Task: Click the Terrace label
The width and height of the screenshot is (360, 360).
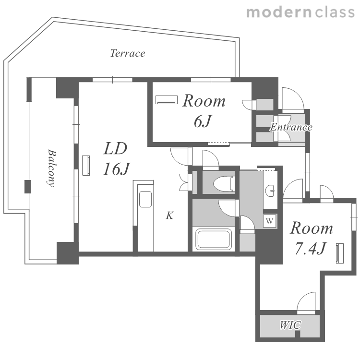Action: tap(128, 53)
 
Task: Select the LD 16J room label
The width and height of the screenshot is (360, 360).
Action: tap(117, 158)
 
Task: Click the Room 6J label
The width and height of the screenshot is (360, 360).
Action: tap(204, 111)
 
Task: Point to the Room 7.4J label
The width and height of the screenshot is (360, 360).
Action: tap(312, 238)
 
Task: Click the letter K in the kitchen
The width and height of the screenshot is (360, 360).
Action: tap(169, 216)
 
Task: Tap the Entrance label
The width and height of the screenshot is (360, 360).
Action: tap(291, 127)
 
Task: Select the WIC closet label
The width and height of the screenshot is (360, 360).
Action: tap(290, 325)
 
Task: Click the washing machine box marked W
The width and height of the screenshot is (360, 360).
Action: tap(270, 221)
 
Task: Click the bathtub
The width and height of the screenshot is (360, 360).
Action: tap(213, 239)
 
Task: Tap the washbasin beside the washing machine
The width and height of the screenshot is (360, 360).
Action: tap(271, 190)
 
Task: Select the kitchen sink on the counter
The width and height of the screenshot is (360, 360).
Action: tap(145, 199)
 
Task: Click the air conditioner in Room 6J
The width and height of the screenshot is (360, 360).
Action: tap(167, 100)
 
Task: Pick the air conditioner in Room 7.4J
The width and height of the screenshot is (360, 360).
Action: tap(340, 253)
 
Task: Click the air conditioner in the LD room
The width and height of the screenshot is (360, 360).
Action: tap(86, 166)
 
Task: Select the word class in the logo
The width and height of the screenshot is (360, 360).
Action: tap(335, 12)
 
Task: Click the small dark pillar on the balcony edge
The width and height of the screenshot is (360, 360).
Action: tap(27, 186)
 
